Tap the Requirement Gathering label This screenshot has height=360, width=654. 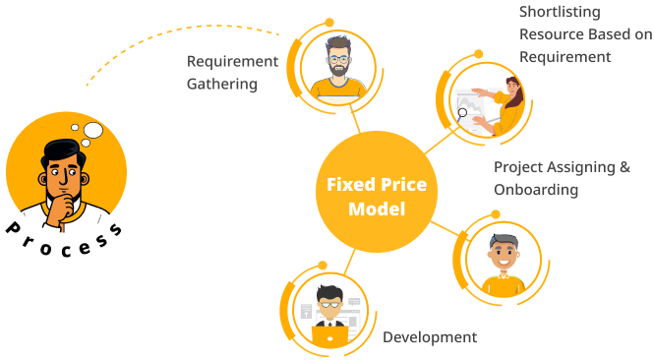[232, 73]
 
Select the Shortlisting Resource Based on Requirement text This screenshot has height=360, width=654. [584, 34]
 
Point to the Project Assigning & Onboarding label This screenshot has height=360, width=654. [562, 178]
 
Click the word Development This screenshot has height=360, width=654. [430, 337]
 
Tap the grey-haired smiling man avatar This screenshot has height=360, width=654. [503, 256]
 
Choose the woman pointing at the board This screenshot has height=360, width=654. [508, 98]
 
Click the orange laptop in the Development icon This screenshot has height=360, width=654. [329, 335]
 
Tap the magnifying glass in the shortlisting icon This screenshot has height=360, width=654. [462, 113]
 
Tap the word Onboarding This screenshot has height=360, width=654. [536, 189]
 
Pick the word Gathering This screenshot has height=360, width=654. [222, 85]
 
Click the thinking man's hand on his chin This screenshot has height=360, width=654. [62, 205]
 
